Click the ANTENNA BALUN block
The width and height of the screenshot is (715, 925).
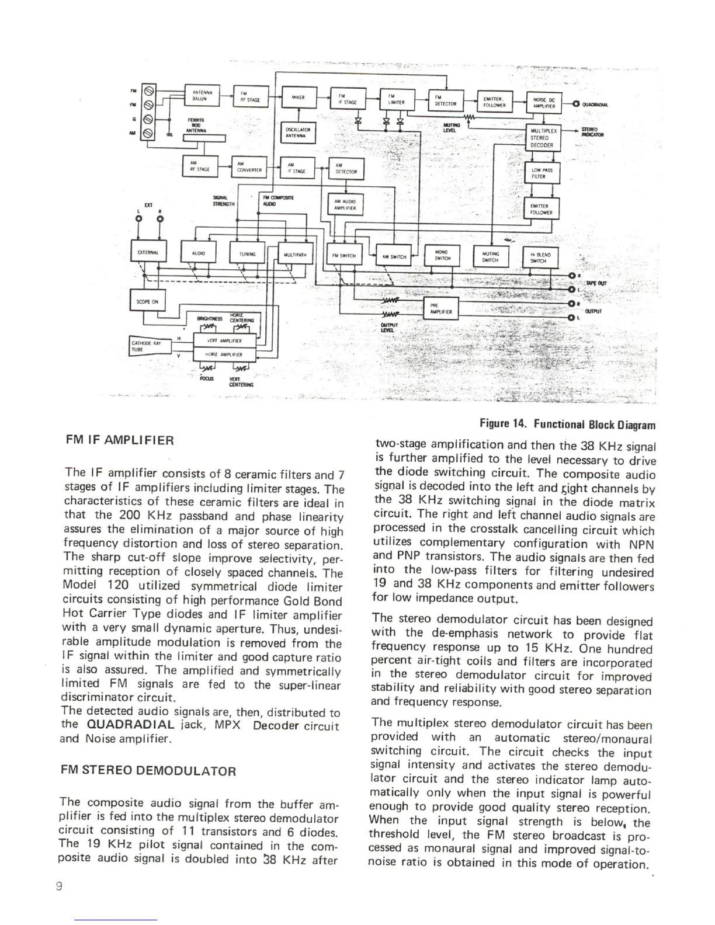[201, 95]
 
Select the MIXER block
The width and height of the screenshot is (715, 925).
[298, 97]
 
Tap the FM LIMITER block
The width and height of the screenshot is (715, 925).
[397, 100]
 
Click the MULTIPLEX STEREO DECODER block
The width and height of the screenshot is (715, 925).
[543, 138]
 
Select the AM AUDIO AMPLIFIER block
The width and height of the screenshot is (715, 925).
[347, 204]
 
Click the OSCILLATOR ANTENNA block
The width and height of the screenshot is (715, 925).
[298, 133]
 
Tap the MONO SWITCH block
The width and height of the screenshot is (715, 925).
[442, 255]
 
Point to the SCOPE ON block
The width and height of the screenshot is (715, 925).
[147, 302]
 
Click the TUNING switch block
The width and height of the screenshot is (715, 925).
[248, 254]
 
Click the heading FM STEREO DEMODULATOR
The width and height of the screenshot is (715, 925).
[149, 771]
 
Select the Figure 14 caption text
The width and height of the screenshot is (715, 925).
[567, 425]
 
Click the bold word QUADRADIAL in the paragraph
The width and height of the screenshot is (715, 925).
[130, 725]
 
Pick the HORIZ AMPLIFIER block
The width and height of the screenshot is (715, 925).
[224, 354]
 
